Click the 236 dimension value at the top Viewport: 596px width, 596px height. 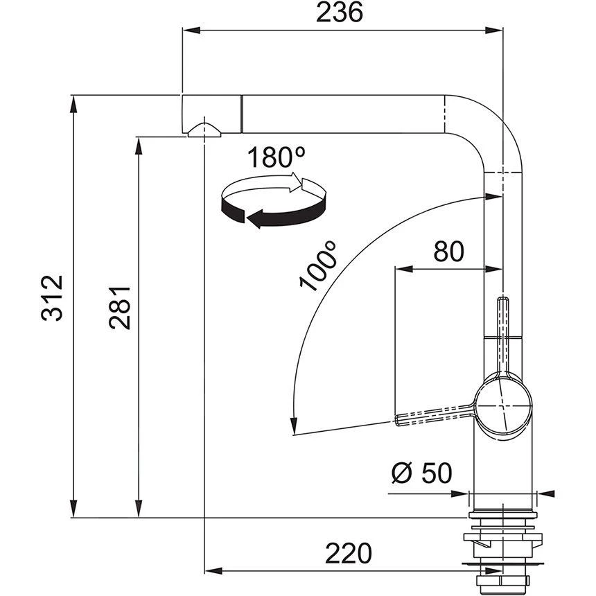pyautogui.click(x=340, y=13)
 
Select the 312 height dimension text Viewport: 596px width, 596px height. pyautogui.click(x=52, y=298)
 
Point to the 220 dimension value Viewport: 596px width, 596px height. pyautogui.click(x=349, y=552)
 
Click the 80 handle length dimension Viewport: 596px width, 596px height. pyautogui.click(x=448, y=251)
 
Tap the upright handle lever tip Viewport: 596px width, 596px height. pyautogui.click(x=504, y=302)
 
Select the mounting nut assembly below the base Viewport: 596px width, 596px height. pyautogui.click(x=502, y=547)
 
